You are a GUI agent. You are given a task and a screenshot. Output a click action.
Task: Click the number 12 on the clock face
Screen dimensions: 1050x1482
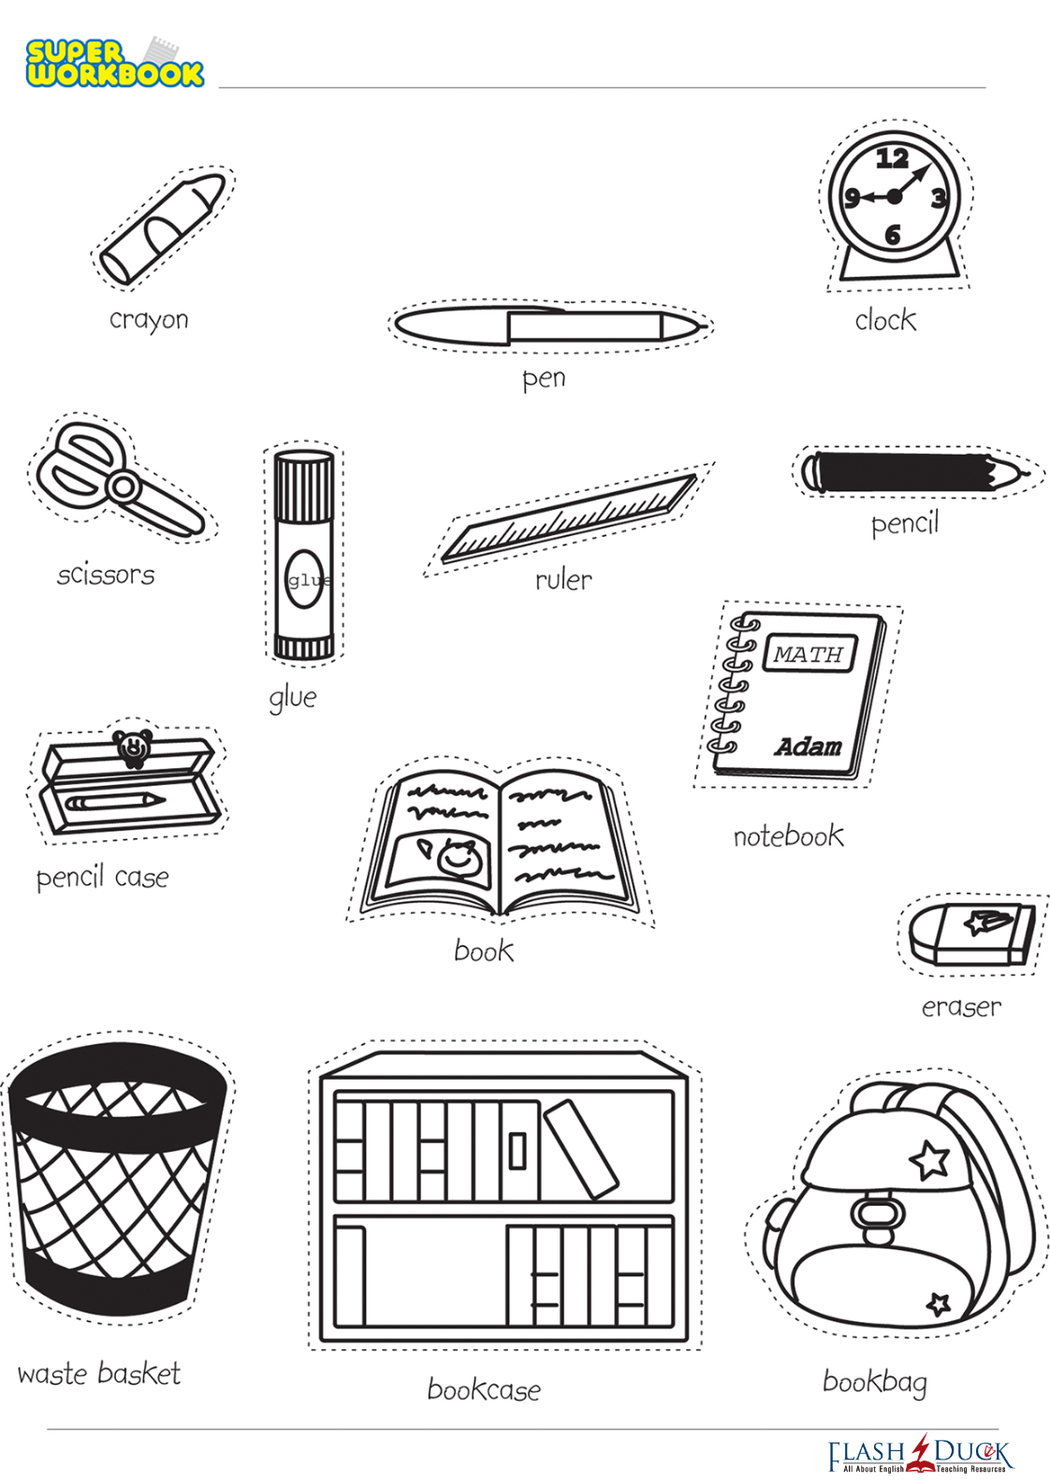coord(893,159)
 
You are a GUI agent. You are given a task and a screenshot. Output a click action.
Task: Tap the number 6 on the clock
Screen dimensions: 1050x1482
coord(893,234)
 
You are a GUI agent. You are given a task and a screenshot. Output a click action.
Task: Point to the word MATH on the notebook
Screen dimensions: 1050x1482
coord(809,654)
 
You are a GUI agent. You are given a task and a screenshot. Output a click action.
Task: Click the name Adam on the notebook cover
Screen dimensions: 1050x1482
coord(809,747)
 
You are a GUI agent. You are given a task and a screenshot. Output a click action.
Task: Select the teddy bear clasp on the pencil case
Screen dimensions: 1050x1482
coord(133,748)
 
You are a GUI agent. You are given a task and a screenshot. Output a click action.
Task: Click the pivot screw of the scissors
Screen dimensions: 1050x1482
coord(124,487)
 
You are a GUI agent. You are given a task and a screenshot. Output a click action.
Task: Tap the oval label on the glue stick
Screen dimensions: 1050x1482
coord(305,579)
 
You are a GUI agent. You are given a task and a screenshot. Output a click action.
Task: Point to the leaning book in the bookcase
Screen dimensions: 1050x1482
coord(581,1150)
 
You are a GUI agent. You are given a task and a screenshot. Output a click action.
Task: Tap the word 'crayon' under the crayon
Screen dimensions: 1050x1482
coord(149,321)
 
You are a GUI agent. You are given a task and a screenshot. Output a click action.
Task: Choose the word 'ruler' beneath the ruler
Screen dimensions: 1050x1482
coord(563,580)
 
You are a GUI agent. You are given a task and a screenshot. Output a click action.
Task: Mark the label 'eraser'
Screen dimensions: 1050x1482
coord(961,1008)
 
